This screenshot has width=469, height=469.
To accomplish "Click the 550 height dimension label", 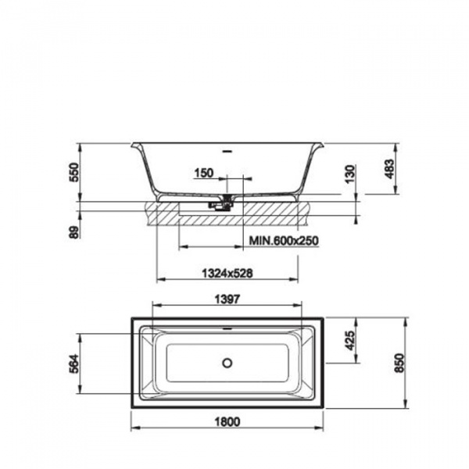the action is (74, 172).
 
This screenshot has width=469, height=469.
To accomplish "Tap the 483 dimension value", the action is (389, 169).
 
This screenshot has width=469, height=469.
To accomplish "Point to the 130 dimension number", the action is (350, 174).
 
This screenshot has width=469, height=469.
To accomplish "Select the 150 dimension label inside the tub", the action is (204, 173).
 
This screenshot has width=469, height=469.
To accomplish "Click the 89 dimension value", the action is (74, 232).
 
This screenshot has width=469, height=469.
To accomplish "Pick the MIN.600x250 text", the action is (284, 240).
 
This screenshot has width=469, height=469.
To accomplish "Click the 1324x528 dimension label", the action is (227, 273).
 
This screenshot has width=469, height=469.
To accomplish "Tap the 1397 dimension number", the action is (227, 299).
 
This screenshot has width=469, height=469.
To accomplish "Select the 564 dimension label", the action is (74, 363).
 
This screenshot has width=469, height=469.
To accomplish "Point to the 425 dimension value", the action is (350, 340).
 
